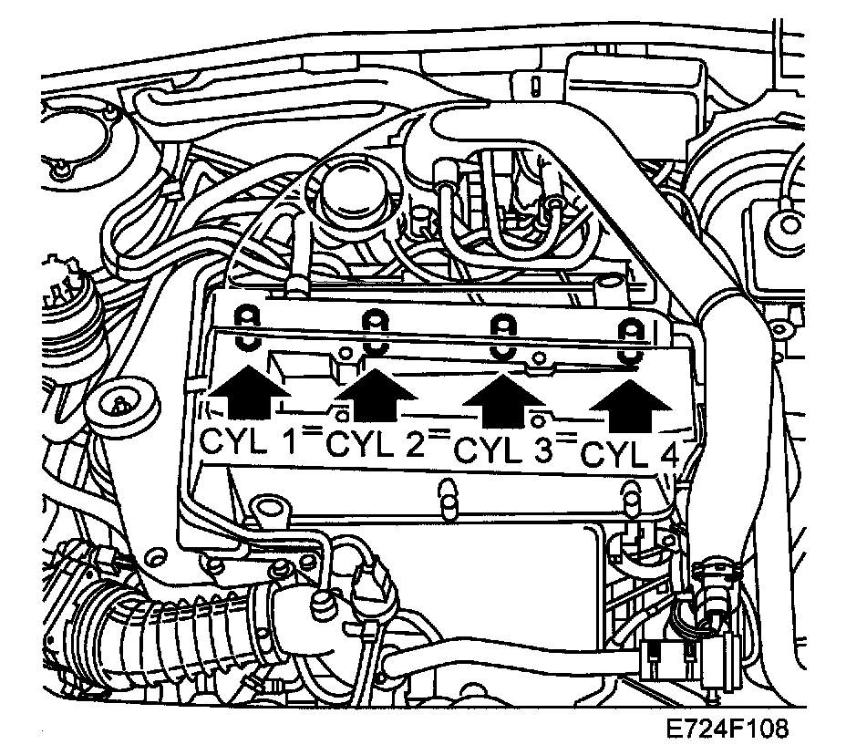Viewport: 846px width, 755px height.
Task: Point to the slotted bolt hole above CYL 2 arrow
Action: (x=374, y=330)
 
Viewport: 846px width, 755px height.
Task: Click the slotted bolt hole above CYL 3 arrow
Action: (x=501, y=335)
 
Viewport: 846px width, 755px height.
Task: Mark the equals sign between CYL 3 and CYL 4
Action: (x=567, y=439)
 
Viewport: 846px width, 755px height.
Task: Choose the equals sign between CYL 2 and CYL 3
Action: (x=440, y=435)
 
